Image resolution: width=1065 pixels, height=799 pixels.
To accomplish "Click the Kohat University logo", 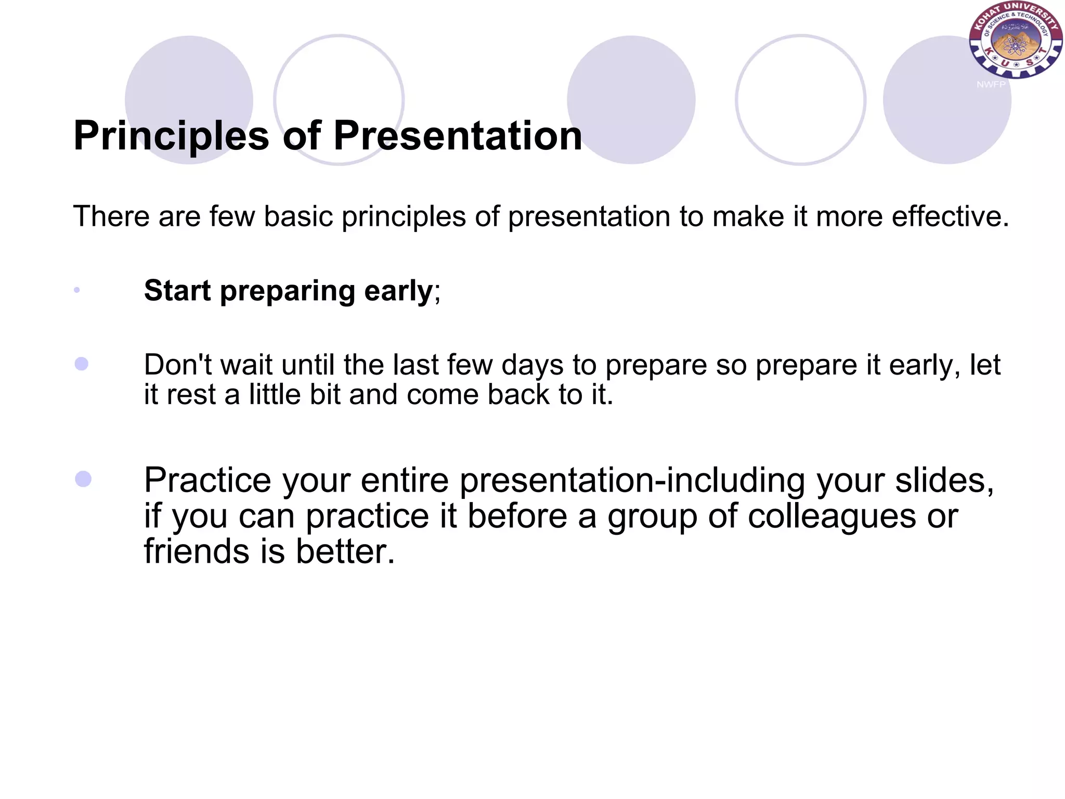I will (x=1015, y=41).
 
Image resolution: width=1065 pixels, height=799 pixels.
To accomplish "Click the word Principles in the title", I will (x=171, y=136).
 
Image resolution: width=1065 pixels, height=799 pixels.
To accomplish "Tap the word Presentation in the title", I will (x=457, y=136).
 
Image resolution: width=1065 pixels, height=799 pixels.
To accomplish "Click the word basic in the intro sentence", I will (x=298, y=216).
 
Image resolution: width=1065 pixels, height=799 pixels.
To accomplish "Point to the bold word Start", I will (x=177, y=290).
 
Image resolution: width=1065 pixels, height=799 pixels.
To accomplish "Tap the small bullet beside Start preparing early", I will (x=77, y=290).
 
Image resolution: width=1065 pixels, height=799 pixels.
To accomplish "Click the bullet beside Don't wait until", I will (x=82, y=364).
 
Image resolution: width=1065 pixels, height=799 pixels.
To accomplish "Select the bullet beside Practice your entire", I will (x=83, y=479).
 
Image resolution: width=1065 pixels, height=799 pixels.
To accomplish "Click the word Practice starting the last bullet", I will (x=207, y=480).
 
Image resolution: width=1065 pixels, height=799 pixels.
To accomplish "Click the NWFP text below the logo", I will (x=991, y=84).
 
